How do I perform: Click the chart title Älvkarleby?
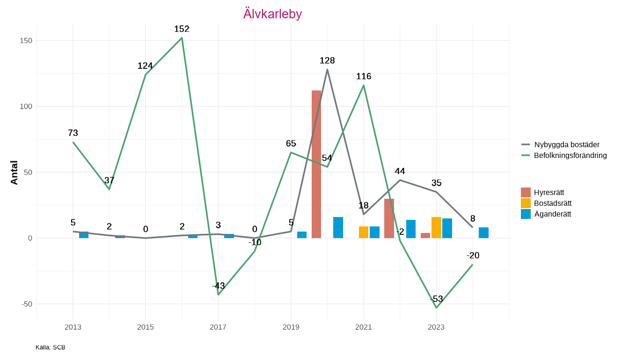[x=272, y=14]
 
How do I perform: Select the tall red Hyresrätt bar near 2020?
[x=316, y=164]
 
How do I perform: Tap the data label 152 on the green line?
[x=182, y=29]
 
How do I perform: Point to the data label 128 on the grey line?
[x=327, y=60]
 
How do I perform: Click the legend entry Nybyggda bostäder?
[x=566, y=144]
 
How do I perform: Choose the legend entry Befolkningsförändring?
[x=570, y=155]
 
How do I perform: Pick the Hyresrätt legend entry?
[x=549, y=192]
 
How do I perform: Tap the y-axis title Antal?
[x=15, y=172]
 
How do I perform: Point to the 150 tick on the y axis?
[x=26, y=41]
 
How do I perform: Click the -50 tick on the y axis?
[x=26, y=304]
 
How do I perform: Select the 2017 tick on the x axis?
[x=218, y=327]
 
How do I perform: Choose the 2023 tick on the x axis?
[x=436, y=327]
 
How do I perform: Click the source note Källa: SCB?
[x=51, y=347]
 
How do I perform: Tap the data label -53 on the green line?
[x=436, y=299]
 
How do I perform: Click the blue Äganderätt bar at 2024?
[x=483, y=232]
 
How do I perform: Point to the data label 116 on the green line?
[x=364, y=76]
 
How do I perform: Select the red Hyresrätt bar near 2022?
[x=389, y=218]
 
